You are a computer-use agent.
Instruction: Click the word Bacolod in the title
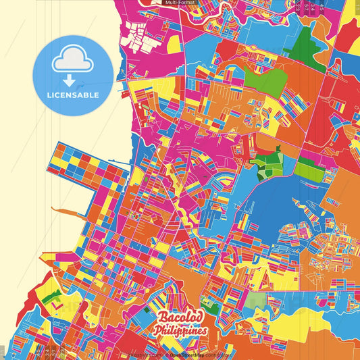(x=180, y=318)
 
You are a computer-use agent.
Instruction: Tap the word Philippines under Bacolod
(x=180, y=331)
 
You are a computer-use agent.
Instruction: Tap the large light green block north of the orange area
(x=264, y=80)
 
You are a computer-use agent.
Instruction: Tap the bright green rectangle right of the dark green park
(x=311, y=169)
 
